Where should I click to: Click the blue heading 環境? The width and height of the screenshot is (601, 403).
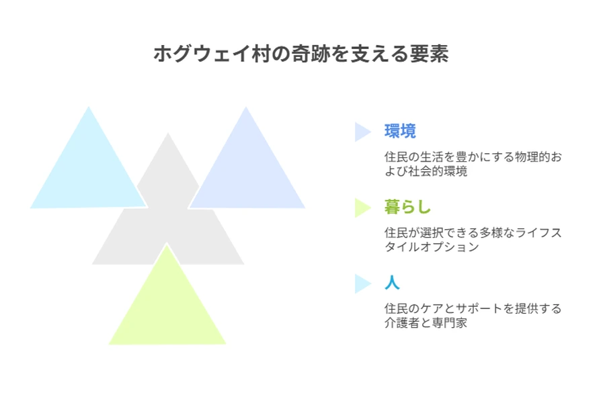coord(400,131)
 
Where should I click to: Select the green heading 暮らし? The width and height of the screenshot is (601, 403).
coord(407,207)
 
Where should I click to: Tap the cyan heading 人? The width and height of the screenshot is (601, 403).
coord(392,283)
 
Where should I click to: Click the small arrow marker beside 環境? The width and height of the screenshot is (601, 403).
coord(362,132)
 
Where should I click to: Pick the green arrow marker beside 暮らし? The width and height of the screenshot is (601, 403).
coord(362,208)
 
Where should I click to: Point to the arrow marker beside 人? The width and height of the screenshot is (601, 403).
coord(362,283)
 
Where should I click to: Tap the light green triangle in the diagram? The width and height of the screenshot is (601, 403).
coord(167,306)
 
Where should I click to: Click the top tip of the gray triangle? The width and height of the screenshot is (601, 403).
coord(168,133)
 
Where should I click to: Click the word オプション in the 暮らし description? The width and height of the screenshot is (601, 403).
coord(450,247)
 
